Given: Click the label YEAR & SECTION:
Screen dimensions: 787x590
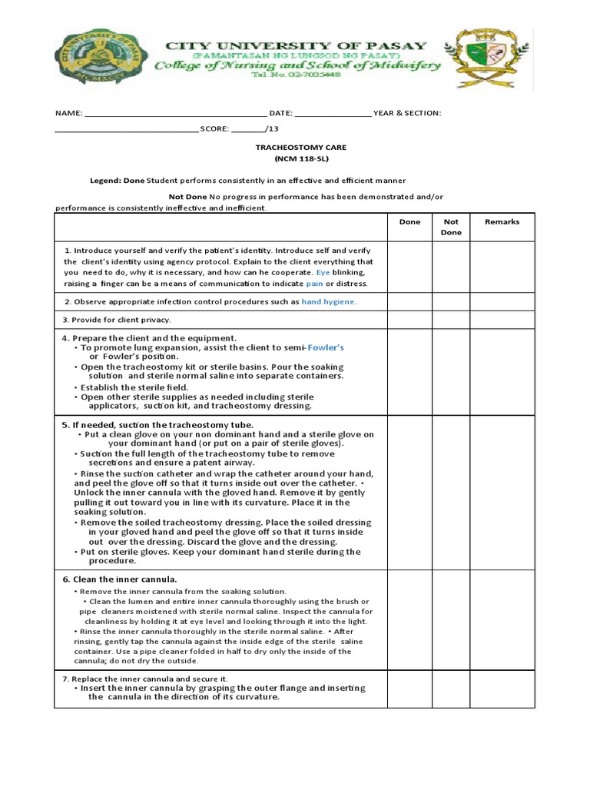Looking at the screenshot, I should [x=407, y=113].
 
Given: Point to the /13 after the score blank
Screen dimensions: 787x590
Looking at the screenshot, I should [x=272, y=128].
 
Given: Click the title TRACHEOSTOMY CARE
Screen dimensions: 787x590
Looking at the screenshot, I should [x=300, y=147].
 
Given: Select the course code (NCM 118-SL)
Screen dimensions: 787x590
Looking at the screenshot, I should [x=301, y=158].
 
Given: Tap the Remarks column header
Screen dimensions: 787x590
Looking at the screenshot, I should [x=502, y=222].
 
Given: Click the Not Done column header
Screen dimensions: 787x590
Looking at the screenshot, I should [x=451, y=227].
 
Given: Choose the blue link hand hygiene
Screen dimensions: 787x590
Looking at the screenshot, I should [x=329, y=302].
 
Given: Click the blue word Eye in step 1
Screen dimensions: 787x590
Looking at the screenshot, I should [x=323, y=272].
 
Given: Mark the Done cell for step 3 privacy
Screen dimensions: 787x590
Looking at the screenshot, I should [x=409, y=320].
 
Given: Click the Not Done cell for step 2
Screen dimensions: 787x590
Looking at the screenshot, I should [x=451, y=301].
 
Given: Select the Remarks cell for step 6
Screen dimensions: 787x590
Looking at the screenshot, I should [x=502, y=619].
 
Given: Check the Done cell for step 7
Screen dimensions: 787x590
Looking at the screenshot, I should [x=409, y=689].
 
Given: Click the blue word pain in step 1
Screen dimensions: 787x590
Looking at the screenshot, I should [x=314, y=283].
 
